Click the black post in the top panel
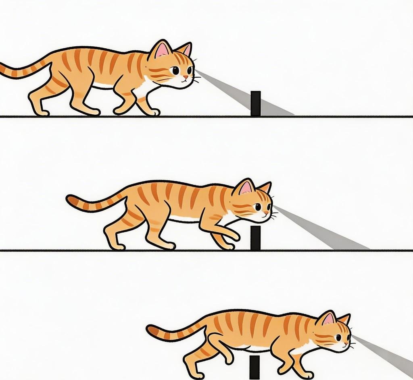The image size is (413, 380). (255, 103)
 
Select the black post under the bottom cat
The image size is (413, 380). (254, 367)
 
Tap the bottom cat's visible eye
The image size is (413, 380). (338, 337)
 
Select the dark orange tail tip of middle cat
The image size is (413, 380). (71, 199)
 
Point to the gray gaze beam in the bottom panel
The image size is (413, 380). (387, 354)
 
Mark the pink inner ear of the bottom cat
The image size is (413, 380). (328, 319)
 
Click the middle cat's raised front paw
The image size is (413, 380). (234, 237)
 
